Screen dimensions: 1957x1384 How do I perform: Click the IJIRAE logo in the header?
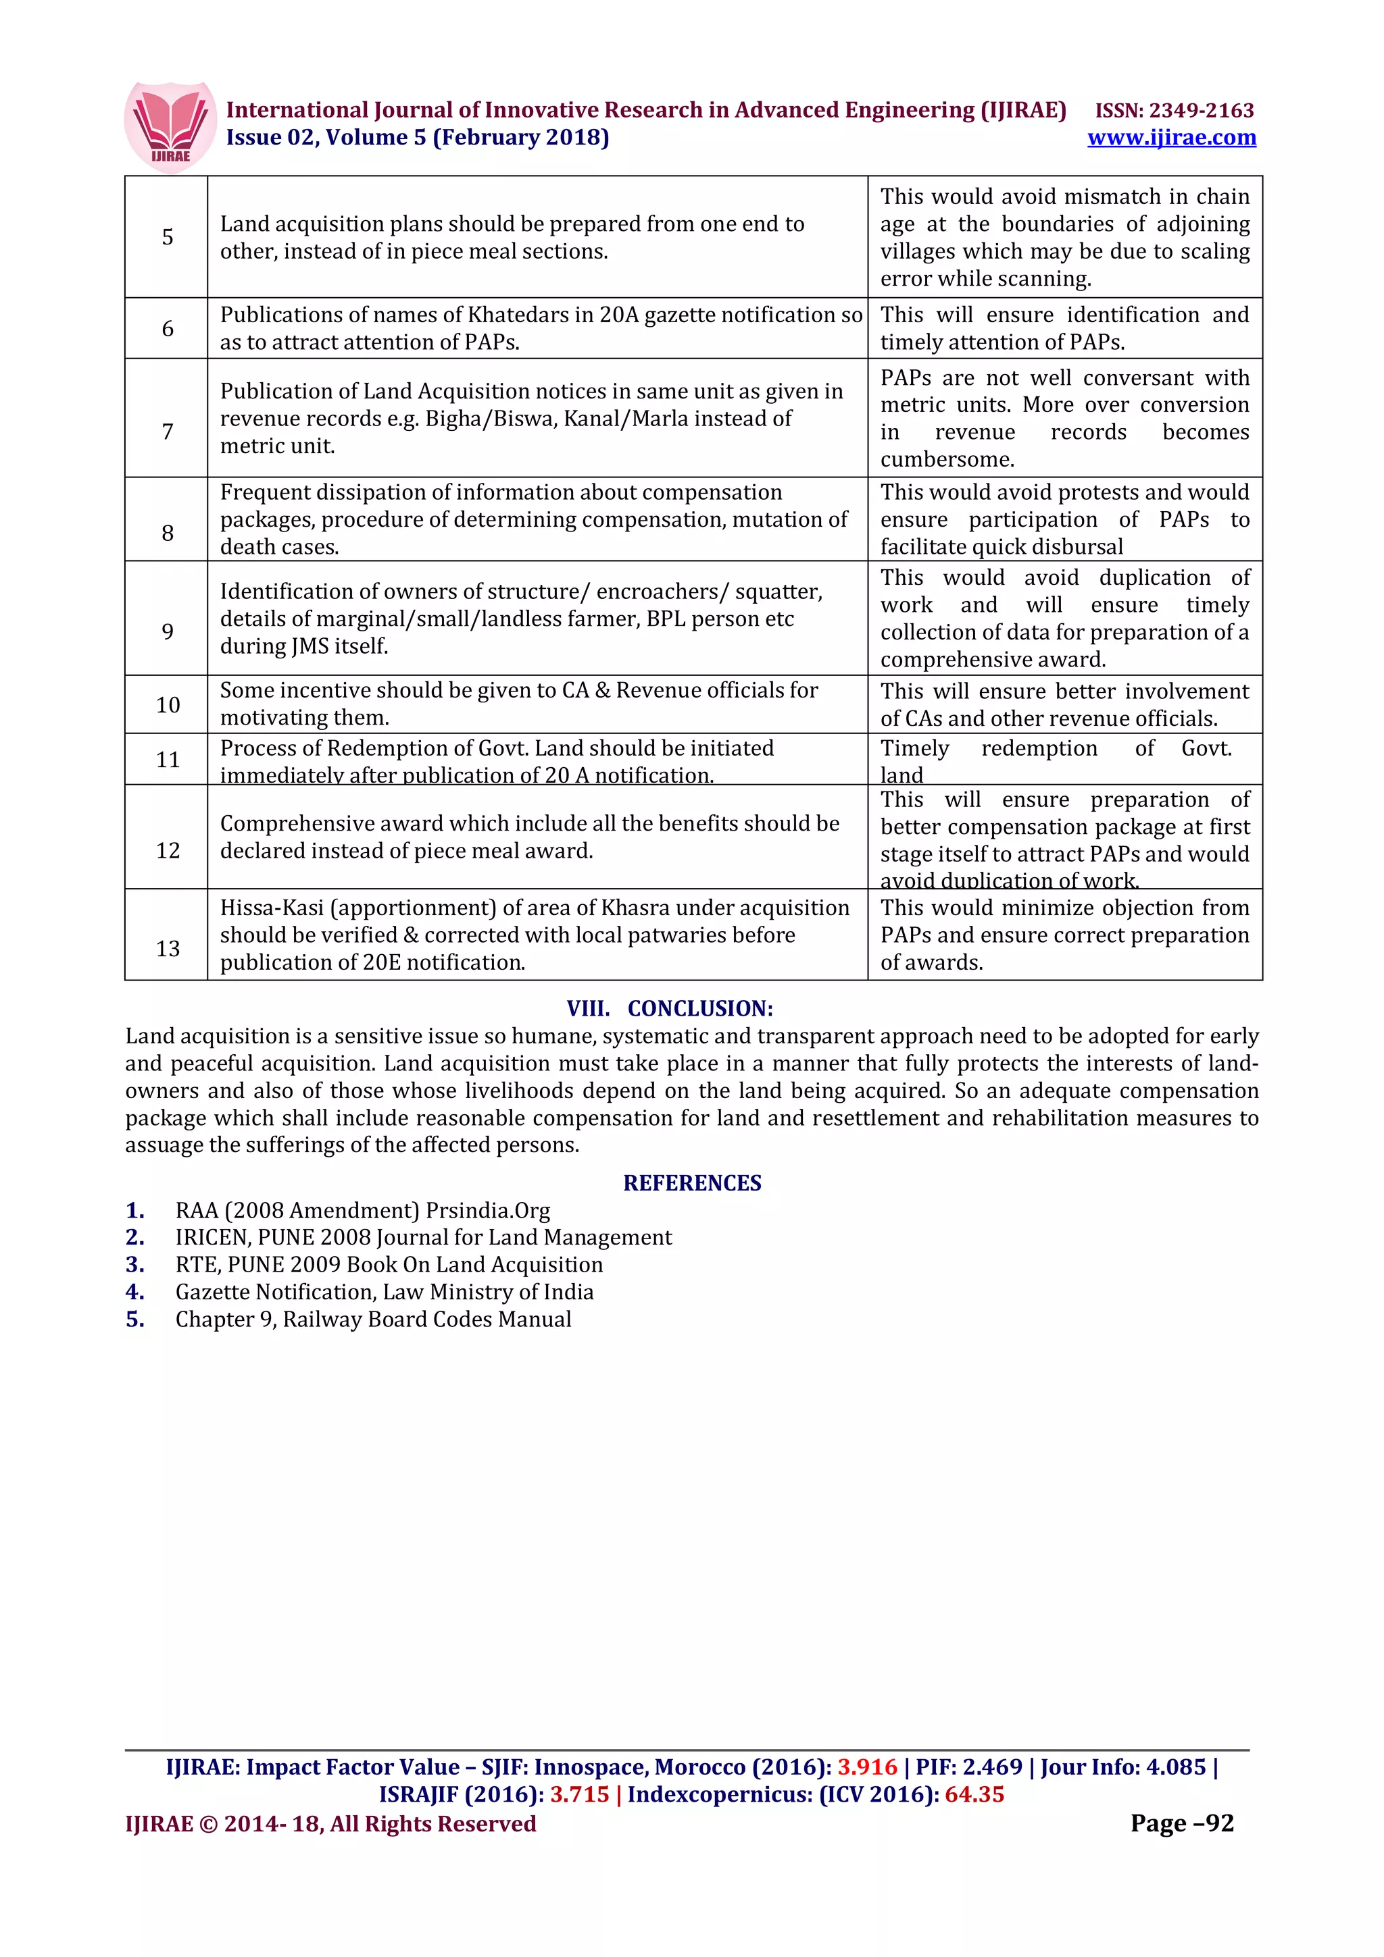[x=170, y=127]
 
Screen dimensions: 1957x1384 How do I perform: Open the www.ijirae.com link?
[x=1171, y=137]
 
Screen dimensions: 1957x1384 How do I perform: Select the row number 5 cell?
[x=167, y=237]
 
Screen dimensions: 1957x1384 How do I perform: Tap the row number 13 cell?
[x=167, y=948]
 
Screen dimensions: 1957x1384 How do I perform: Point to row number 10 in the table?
[x=167, y=705]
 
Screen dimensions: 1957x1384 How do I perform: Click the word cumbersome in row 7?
[x=947, y=459]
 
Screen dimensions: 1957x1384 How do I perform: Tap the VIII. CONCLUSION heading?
[x=670, y=1008]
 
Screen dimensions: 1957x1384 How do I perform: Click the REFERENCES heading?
[x=691, y=1183]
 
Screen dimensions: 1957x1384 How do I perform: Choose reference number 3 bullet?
[x=134, y=1265]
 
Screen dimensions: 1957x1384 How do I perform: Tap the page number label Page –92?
[x=1181, y=1823]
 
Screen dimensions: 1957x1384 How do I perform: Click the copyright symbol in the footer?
[x=208, y=1824]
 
